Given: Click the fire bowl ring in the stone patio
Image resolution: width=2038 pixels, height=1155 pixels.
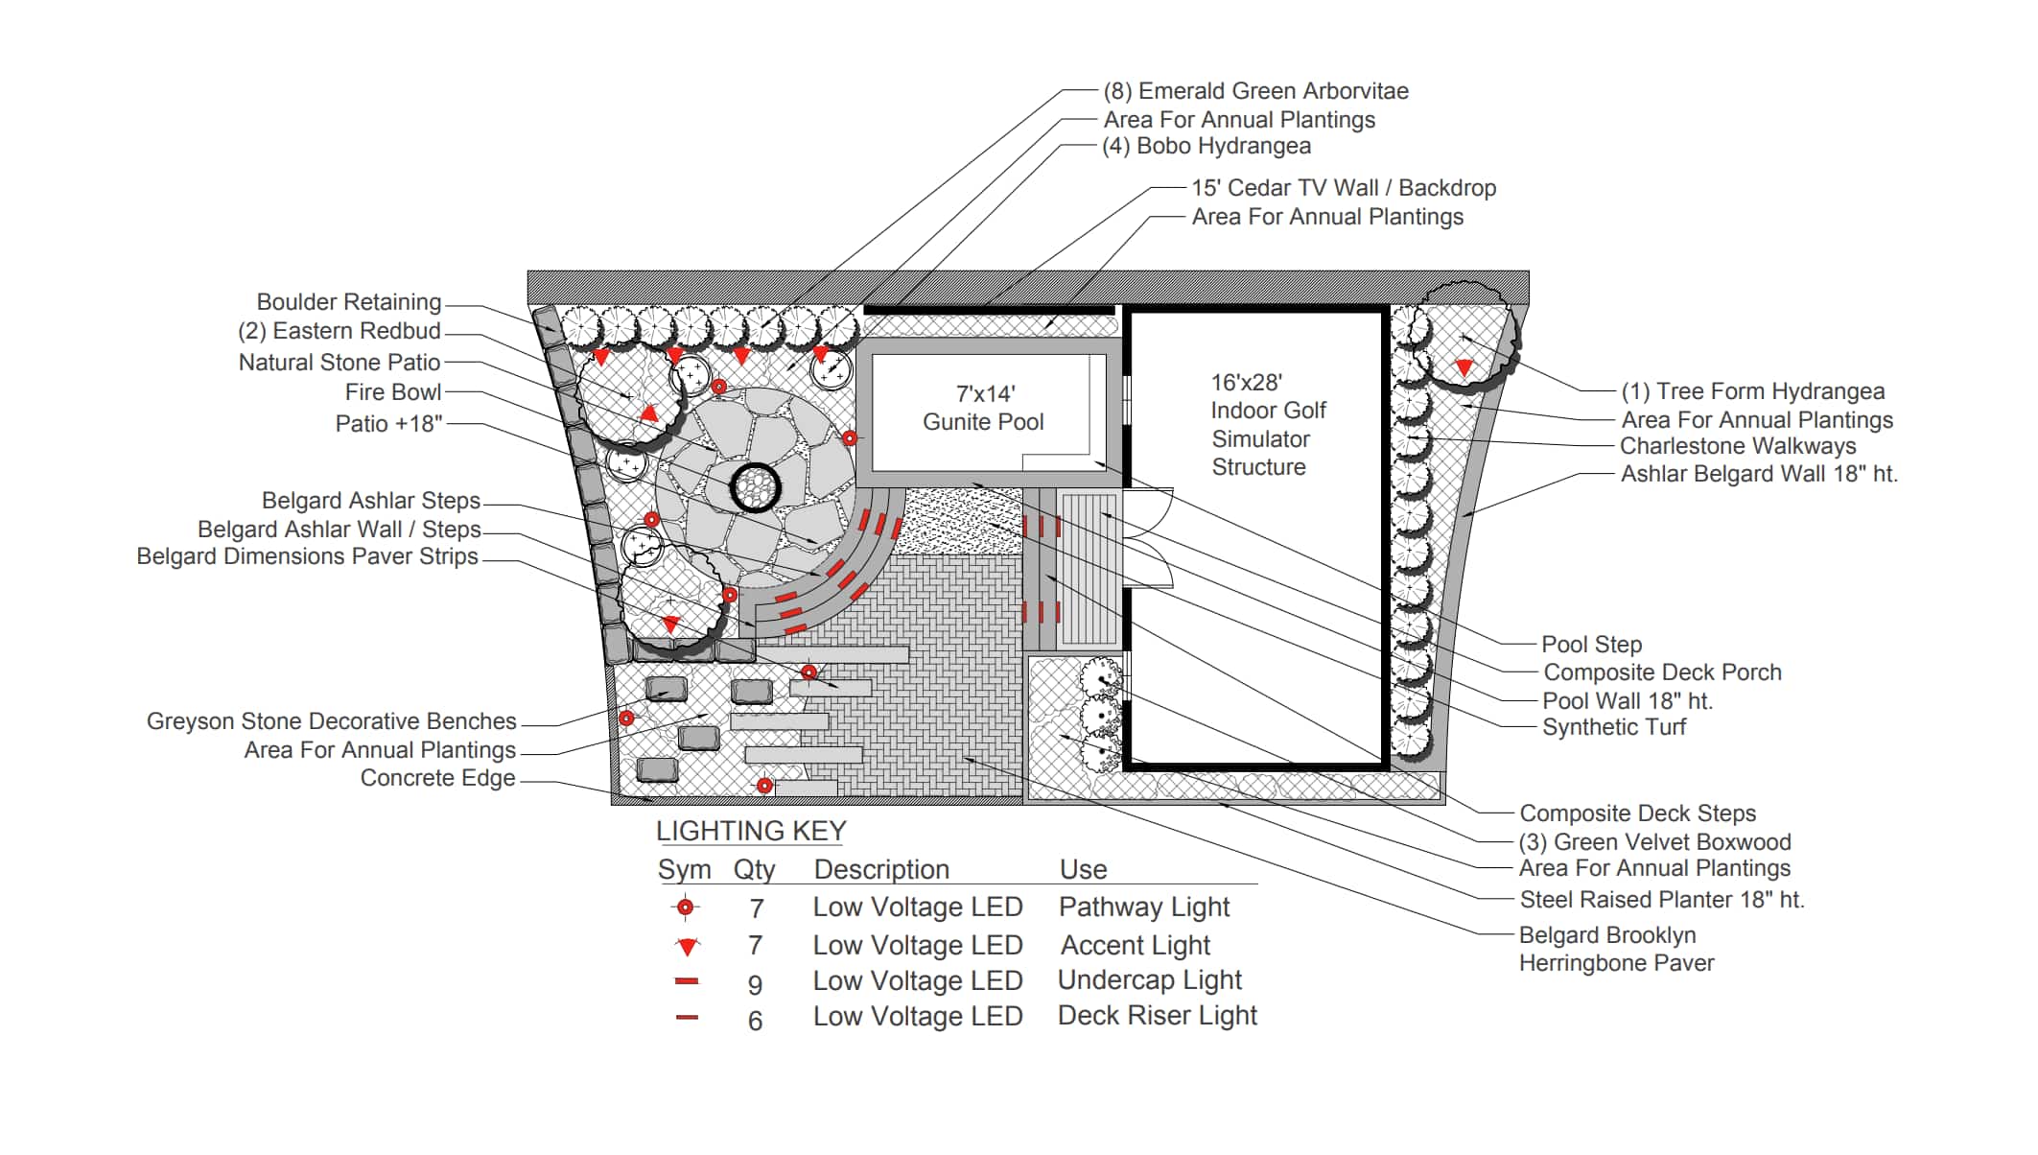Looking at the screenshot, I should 756,486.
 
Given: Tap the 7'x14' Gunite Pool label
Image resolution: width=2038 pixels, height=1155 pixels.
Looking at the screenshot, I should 983,408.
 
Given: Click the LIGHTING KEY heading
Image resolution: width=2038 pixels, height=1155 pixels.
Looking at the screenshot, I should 751,831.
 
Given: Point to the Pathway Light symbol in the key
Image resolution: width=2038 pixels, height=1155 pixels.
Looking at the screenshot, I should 686,907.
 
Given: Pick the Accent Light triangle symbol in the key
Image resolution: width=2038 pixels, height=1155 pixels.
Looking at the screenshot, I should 688,946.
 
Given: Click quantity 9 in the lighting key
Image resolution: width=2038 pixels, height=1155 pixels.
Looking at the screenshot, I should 755,984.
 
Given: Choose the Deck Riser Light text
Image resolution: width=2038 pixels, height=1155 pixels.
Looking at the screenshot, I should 1157,1016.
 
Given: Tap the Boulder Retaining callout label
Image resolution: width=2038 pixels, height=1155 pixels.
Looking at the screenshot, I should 348,302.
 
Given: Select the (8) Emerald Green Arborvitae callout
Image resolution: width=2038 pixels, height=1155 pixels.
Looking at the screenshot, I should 1255,91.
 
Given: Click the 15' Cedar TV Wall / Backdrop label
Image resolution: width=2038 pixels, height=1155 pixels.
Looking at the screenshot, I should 1343,188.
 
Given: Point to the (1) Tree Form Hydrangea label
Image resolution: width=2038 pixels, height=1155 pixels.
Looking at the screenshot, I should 1752,391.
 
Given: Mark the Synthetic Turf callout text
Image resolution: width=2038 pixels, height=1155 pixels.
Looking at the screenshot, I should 1613,727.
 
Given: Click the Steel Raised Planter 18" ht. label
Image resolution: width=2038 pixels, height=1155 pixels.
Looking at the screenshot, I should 1661,900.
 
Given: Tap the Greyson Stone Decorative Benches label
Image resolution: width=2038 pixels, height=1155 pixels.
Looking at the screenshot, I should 331,721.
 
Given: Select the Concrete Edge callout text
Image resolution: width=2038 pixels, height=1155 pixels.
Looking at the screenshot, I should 437,778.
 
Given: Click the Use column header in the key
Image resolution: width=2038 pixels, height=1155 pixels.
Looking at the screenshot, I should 1083,869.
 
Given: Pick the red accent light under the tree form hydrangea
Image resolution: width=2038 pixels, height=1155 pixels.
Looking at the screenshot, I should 1464,366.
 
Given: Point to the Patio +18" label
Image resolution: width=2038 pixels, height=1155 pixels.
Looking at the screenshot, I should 388,424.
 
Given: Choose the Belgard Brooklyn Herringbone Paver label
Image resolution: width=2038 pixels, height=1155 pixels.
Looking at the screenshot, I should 1616,949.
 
